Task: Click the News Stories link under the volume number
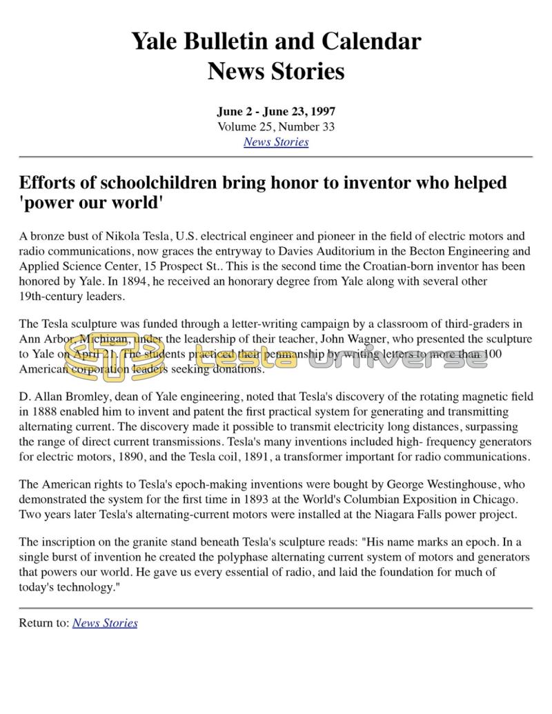click(x=275, y=142)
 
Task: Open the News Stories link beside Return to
click(x=105, y=623)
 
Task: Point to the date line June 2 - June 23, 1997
click(x=275, y=112)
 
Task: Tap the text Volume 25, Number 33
click(x=275, y=127)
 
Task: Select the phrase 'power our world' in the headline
click(x=91, y=204)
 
